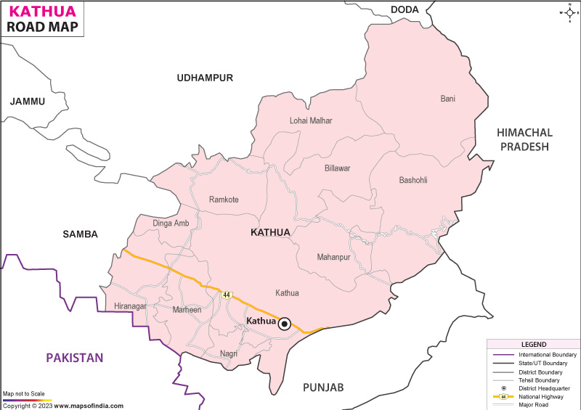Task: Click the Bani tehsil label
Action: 448,98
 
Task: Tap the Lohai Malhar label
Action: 311,120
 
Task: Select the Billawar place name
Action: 337,168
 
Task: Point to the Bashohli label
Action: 417,180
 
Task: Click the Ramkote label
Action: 224,200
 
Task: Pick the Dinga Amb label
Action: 171,223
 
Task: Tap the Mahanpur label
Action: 333,257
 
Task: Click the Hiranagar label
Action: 131,306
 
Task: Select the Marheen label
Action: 187,310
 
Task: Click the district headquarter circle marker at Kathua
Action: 285,324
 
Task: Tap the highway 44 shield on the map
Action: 227,295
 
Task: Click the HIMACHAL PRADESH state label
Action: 524,139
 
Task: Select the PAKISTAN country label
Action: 74,358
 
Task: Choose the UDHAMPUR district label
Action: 205,78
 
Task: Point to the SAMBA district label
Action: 81,234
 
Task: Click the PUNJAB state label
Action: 323,387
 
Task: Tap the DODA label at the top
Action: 405,9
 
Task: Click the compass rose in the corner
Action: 567,12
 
